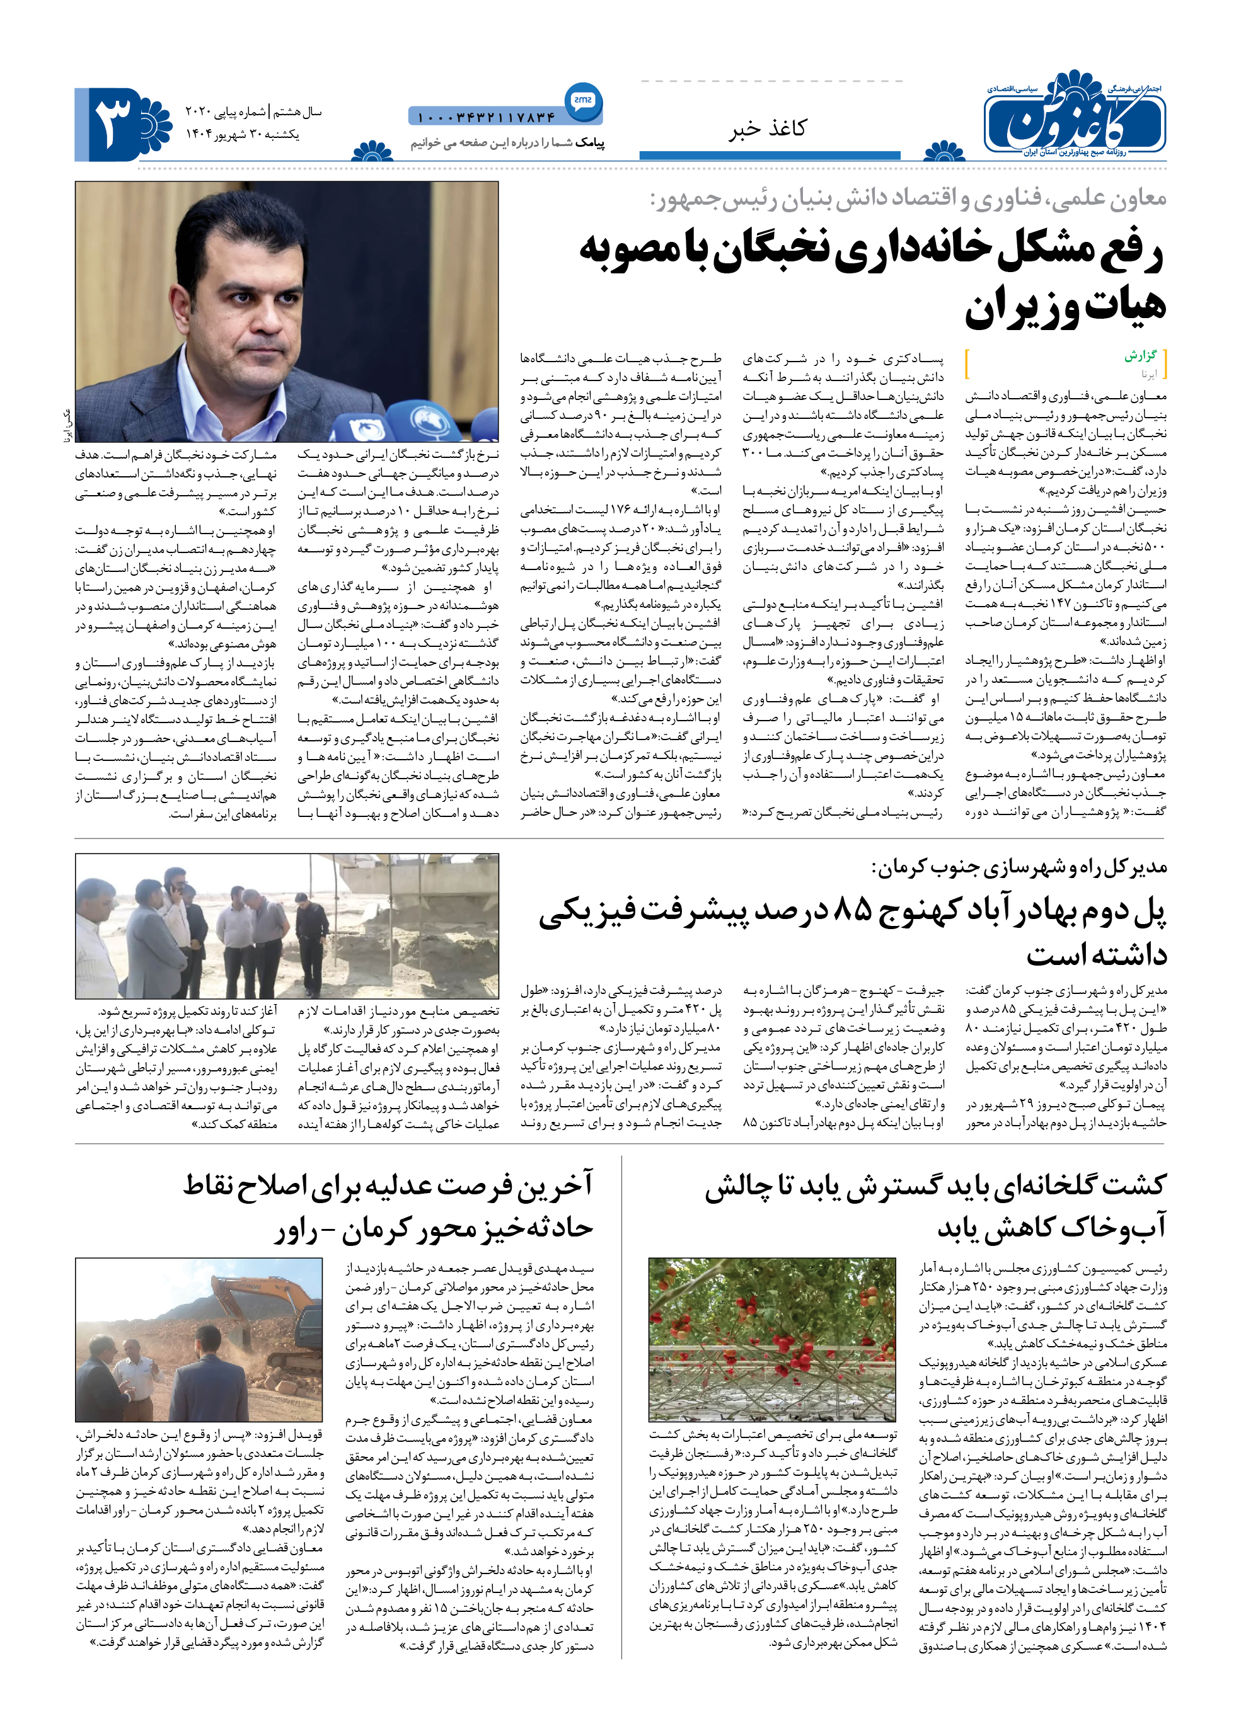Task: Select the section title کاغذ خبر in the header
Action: pyautogui.click(x=766, y=128)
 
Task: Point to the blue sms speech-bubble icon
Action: pyautogui.click(x=583, y=101)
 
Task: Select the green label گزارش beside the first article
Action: pyautogui.click(x=1140, y=355)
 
